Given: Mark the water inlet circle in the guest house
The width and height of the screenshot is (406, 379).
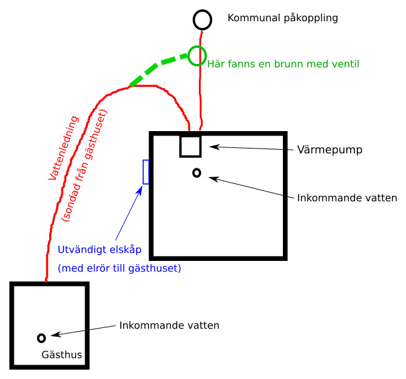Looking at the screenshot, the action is pos(42,335).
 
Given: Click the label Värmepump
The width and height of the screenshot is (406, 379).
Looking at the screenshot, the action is pos(330,150).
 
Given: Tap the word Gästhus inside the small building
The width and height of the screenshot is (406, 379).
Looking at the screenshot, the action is pos(62,355).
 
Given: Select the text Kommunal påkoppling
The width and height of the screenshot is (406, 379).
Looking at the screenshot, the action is pos(283,18).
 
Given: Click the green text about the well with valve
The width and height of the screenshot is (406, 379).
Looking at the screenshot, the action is pos(284,64).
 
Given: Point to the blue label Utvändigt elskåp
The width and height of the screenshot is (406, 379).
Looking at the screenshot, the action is pos(99,250).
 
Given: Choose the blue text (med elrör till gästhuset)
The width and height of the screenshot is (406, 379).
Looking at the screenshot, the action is pos(119,268).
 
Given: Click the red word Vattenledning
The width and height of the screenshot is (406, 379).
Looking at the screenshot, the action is pos(63,148).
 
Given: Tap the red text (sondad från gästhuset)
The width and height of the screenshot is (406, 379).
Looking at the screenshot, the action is pos(84,165).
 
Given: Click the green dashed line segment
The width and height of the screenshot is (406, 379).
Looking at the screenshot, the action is pos(158,69).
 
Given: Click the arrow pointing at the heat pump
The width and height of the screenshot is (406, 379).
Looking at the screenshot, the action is pos(251,148).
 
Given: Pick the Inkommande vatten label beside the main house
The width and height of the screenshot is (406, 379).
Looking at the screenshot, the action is pos(347,198).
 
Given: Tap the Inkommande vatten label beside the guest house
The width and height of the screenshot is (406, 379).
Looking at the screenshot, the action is pos(169,326).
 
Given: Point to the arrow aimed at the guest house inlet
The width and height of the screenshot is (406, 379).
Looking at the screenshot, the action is pos(83,331).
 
